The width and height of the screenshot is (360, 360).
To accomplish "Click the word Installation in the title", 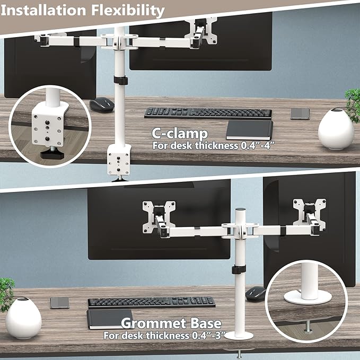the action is coord(43,11).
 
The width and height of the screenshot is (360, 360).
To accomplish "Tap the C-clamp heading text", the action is coord(180,134).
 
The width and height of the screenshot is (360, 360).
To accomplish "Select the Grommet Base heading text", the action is coord(171,323).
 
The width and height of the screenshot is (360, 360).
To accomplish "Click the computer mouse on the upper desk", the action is coord(102,104).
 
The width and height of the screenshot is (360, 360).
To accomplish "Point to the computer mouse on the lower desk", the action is coord(256,293).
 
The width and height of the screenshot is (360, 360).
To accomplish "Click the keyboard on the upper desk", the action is coord(208,113).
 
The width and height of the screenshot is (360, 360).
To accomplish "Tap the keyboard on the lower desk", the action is coord(152,302).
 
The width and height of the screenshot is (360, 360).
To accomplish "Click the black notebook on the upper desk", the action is coord(249,130).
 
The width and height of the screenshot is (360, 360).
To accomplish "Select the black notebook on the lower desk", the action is coord(110,319).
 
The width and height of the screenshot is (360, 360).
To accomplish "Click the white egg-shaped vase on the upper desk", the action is coord(336,129).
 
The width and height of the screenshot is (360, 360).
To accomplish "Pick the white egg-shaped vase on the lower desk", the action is coord(23,318).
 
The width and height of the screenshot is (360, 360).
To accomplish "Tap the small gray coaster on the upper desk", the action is coord(300,113).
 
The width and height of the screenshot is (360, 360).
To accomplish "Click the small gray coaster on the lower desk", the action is coord(60,303).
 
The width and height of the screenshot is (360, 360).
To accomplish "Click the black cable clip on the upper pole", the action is coord(120,81).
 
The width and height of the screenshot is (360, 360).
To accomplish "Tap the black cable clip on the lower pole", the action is coord(239,269).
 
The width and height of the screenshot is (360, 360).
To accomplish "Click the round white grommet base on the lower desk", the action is coord(239,336).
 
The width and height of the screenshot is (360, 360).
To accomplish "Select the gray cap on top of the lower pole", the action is coord(240,209).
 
